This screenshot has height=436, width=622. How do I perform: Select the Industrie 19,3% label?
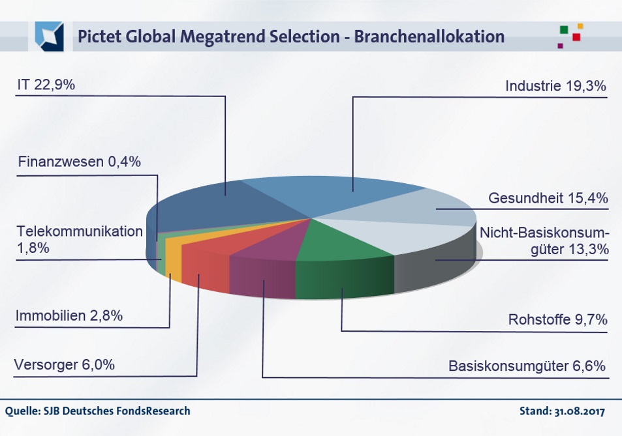(556, 86)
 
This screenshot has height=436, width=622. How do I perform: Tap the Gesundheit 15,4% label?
(548, 198)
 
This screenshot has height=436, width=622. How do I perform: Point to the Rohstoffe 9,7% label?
(558, 320)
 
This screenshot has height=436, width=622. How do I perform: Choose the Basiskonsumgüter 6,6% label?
(528, 366)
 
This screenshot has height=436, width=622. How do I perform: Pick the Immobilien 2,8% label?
(69, 317)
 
